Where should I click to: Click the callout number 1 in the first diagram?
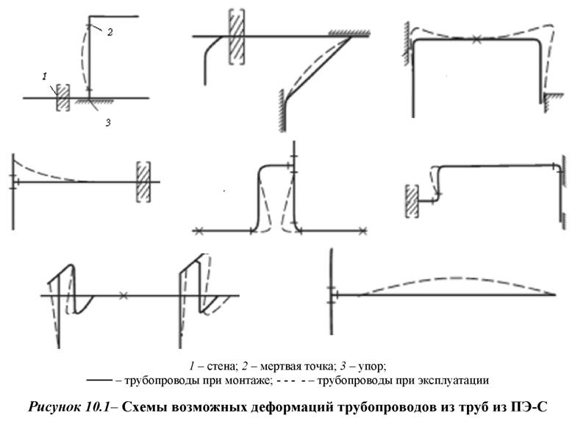pyautogui.click(x=45, y=77)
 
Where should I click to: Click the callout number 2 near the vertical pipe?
pyautogui.click(x=110, y=32)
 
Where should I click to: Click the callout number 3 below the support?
pyautogui.click(x=108, y=123)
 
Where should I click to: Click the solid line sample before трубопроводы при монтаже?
pyautogui.click(x=99, y=381)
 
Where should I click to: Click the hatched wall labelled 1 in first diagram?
pyautogui.click(x=63, y=97)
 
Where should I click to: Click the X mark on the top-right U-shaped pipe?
pyautogui.click(x=476, y=39)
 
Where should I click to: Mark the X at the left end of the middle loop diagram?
pyautogui.click(x=199, y=231)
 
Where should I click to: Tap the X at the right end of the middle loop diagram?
pyautogui.click(x=362, y=231)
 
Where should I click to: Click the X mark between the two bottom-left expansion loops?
pyautogui.click(x=124, y=295)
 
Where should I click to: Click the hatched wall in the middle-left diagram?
pyautogui.click(x=143, y=182)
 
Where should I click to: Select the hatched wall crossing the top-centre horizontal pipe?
pyautogui.click(x=237, y=36)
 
